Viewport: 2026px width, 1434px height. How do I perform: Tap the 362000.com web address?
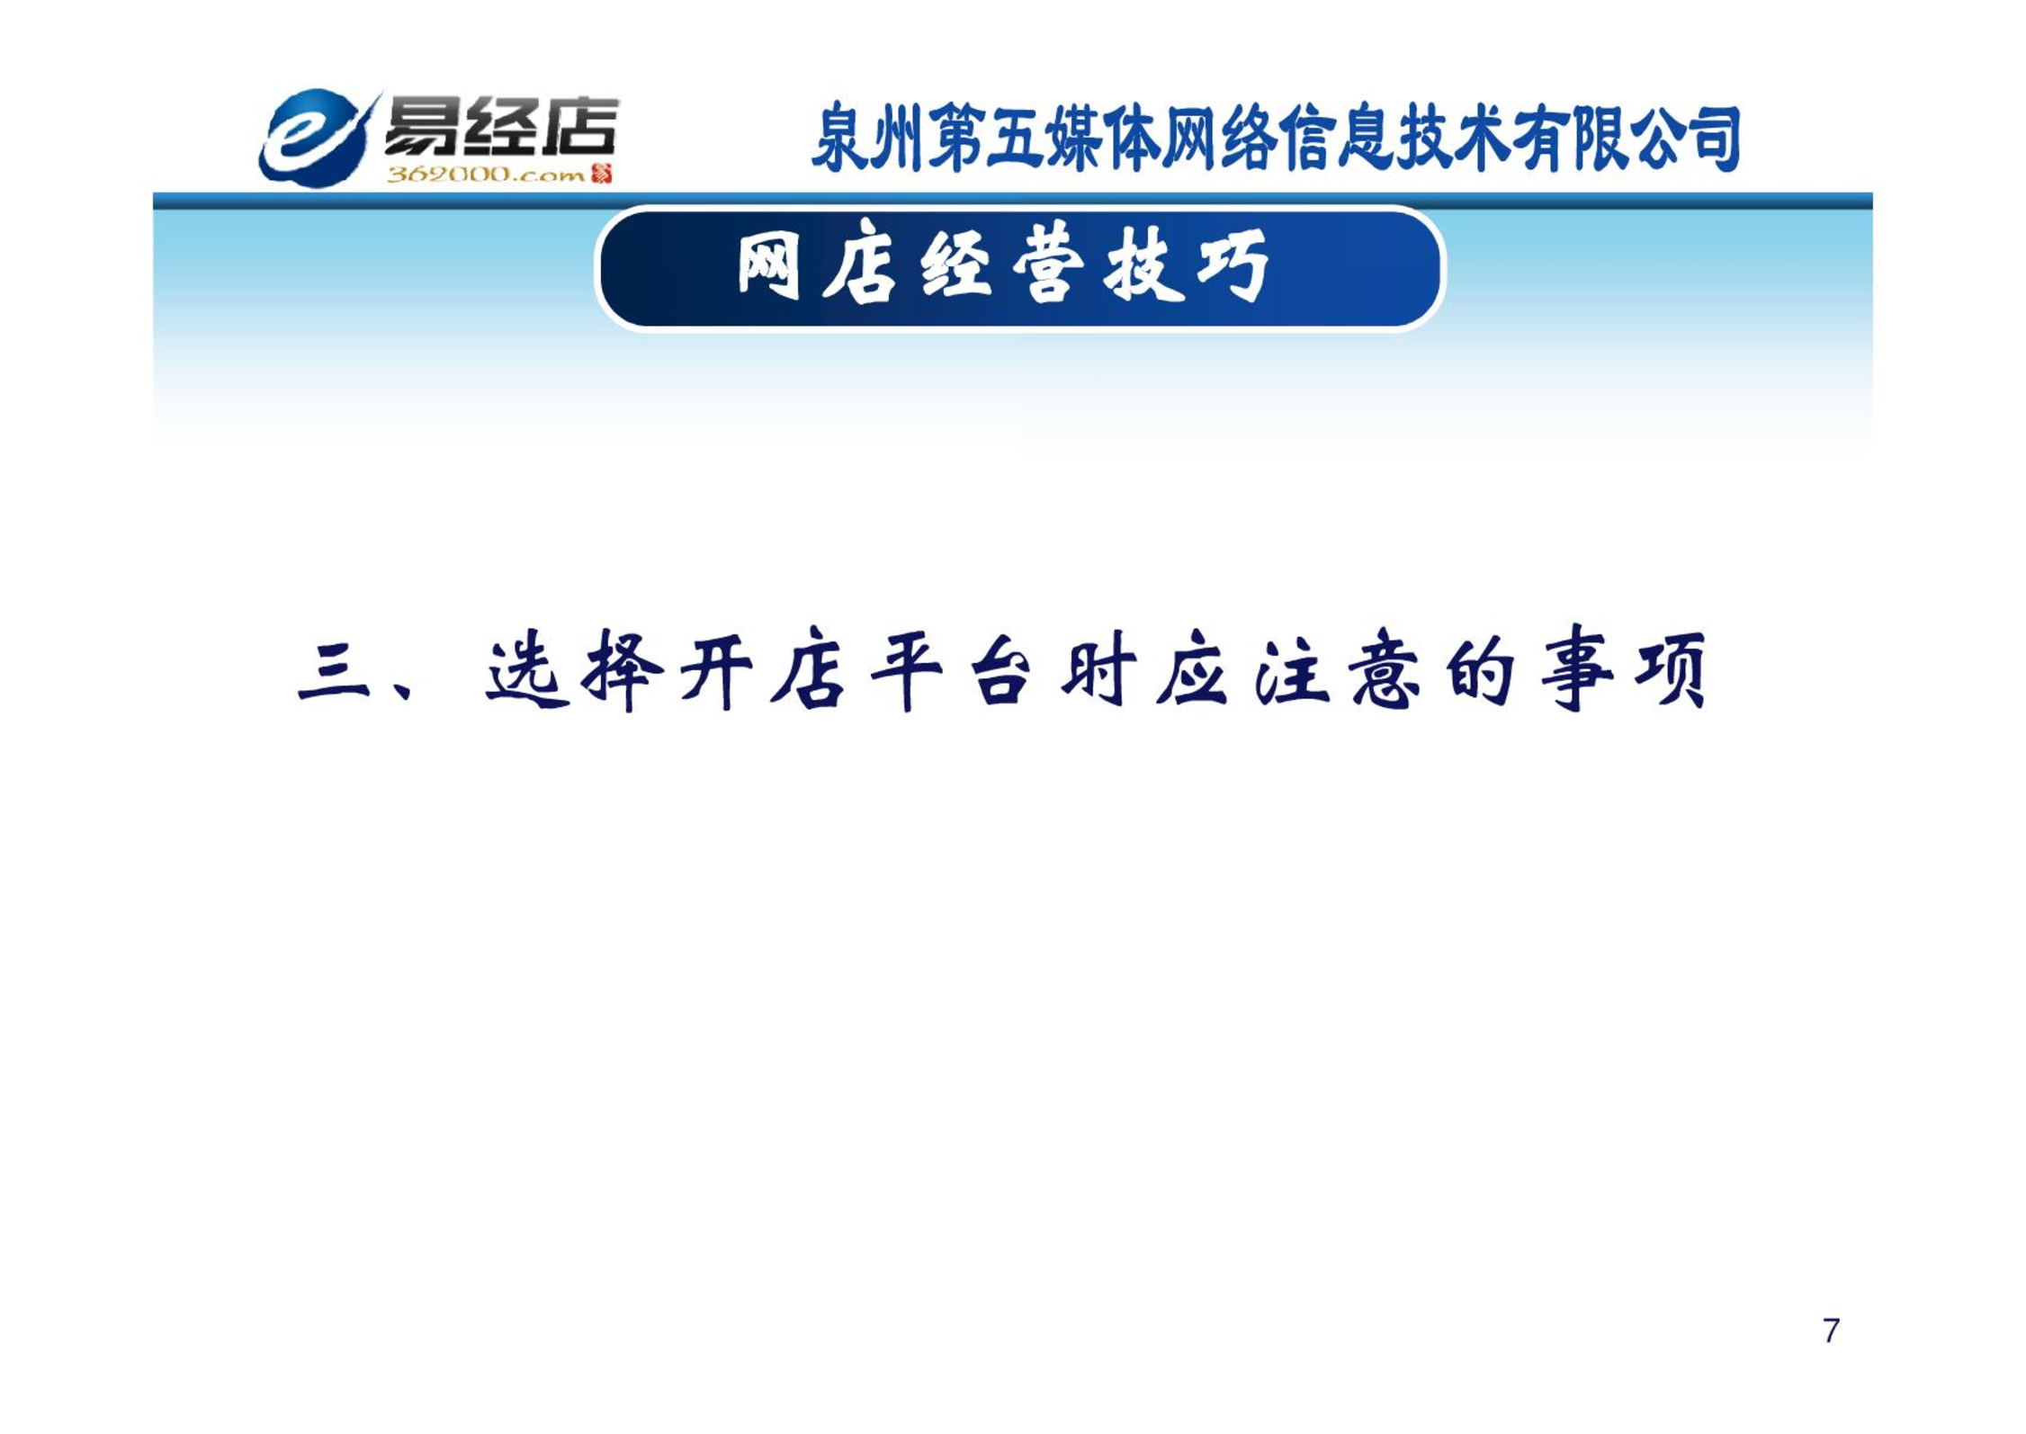click(x=486, y=175)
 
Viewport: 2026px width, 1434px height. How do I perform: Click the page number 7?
click(x=1831, y=1331)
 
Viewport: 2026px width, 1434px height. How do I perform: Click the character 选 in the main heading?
click(x=527, y=671)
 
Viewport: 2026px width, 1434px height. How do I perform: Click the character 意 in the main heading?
click(x=1386, y=671)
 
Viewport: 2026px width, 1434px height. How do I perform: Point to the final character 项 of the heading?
click(x=1671, y=671)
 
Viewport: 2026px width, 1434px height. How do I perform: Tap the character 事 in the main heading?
click(x=1576, y=669)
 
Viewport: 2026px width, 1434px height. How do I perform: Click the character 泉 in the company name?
click(x=840, y=138)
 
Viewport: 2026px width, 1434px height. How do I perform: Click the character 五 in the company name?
click(x=1015, y=138)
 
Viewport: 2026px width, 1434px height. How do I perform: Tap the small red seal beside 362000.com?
click(x=601, y=174)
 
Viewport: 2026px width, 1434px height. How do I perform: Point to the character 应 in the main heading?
click(x=1192, y=671)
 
